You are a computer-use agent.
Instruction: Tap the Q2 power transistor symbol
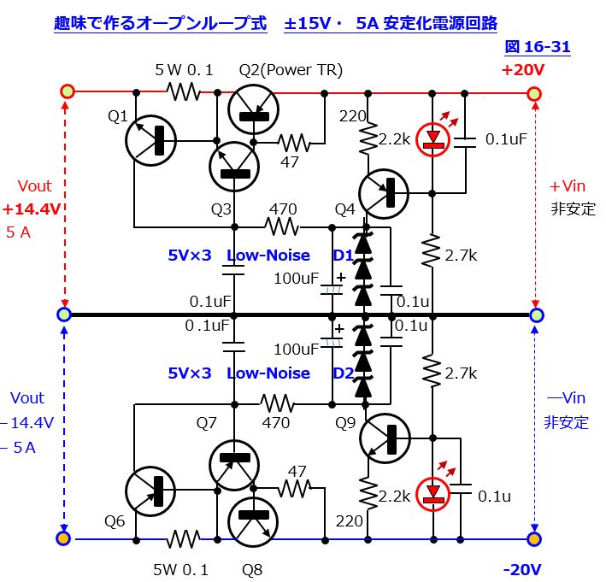[254, 109]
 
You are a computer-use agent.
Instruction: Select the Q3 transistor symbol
[234, 168]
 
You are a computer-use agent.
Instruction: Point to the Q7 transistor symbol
[234, 462]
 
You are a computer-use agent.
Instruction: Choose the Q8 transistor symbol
[254, 519]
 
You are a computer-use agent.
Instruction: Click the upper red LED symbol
[434, 139]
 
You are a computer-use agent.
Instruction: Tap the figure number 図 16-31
[537, 46]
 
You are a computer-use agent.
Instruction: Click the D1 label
[343, 255]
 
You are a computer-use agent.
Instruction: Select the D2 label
[343, 373]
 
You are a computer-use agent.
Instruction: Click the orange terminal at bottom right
[534, 539]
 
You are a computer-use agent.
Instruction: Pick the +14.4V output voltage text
[32, 209]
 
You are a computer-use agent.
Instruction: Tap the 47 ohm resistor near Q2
[296, 141]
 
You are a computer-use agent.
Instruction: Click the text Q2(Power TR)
[291, 70]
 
